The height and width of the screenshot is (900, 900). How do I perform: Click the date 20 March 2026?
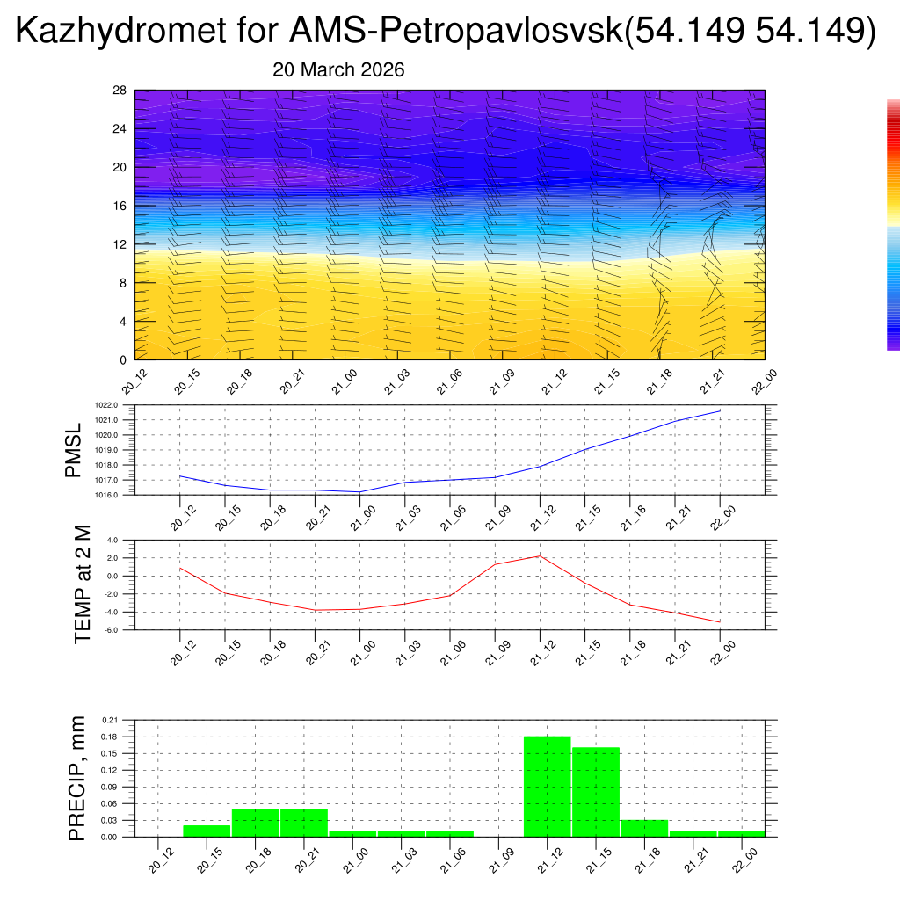(338, 70)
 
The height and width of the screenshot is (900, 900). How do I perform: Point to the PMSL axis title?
(73, 450)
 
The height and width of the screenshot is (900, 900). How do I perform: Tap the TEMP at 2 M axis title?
(83, 584)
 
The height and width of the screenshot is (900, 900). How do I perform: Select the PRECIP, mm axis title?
(77, 778)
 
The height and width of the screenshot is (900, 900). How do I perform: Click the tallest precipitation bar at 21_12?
(547, 787)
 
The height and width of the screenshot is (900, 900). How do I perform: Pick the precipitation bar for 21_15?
(596, 792)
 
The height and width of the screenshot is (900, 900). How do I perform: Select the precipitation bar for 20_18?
(255, 823)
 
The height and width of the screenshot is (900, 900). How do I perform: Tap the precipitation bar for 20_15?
(207, 831)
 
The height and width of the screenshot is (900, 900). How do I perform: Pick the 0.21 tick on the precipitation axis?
(111, 720)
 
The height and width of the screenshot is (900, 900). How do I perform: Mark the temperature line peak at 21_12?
(540, 556)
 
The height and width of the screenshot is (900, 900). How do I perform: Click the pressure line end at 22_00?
(720, 411)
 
